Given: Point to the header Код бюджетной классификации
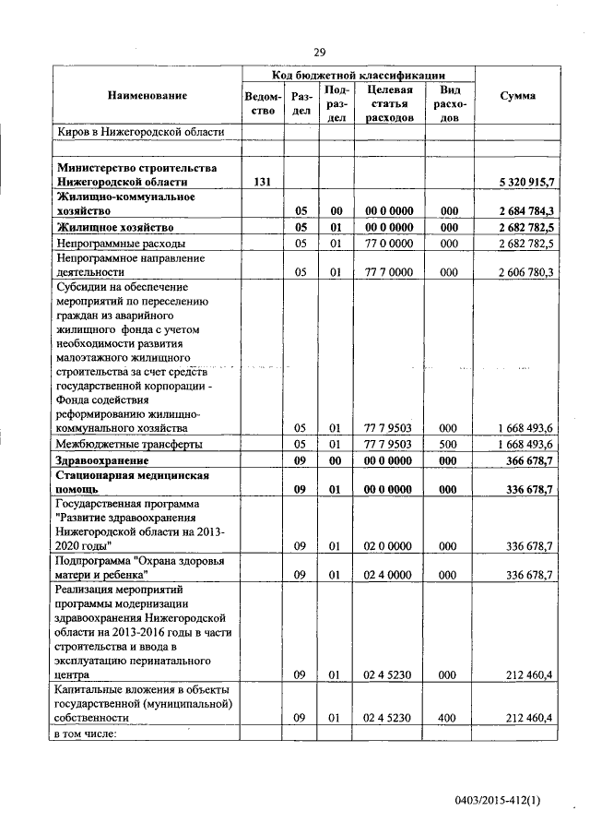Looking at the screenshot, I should [x=359, y=75].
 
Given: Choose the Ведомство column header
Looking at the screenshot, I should [x=261, y=103].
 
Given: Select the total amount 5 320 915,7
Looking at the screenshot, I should [x=525, y=182].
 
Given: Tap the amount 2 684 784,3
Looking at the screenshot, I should [x=525, y=210].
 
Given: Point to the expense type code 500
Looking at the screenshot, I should [x=449, y=444].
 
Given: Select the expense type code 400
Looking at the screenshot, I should [x=449, y=717].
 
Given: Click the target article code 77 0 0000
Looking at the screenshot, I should [x=388, y=243].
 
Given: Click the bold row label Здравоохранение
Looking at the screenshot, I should [x=102, y=459].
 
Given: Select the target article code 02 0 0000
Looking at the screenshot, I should [x=388, y=546].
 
